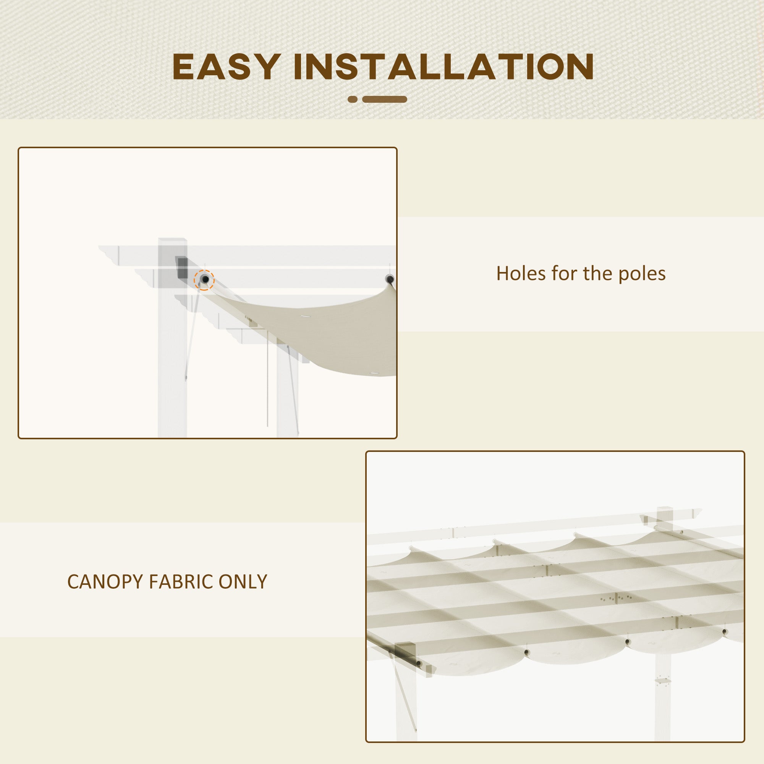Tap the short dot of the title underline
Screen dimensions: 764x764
pyautogui.click(x=352, y=99)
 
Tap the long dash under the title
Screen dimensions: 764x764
pyautogui.click(x=384, y=99)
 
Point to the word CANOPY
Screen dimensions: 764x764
pyautogui.click(x=104, y=582)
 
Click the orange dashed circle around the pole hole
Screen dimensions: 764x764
pyautogui.click(x=204, y=280)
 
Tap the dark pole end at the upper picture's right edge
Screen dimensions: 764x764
pyautogui.click(x=390, y=279)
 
